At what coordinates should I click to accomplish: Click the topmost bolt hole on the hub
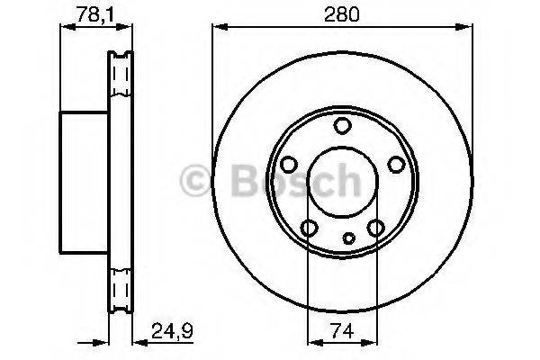(x=341, y=126)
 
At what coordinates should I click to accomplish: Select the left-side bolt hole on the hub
(x=289, y=165)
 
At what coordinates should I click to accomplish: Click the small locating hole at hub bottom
(x=349, y=239)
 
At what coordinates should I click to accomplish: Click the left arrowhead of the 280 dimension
(x=217, y=29)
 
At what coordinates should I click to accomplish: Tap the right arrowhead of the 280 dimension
(x=468, y=29)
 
